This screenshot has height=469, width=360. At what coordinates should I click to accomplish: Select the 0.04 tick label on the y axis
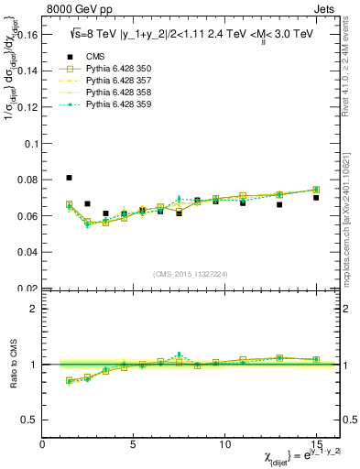(x=27, y=252)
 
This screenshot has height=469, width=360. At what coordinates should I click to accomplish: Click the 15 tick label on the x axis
(x=316, y=444)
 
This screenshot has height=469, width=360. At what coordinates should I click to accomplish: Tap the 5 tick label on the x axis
(x=134, y=444)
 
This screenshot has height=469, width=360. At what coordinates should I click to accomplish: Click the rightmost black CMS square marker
(x=316, y=198)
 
